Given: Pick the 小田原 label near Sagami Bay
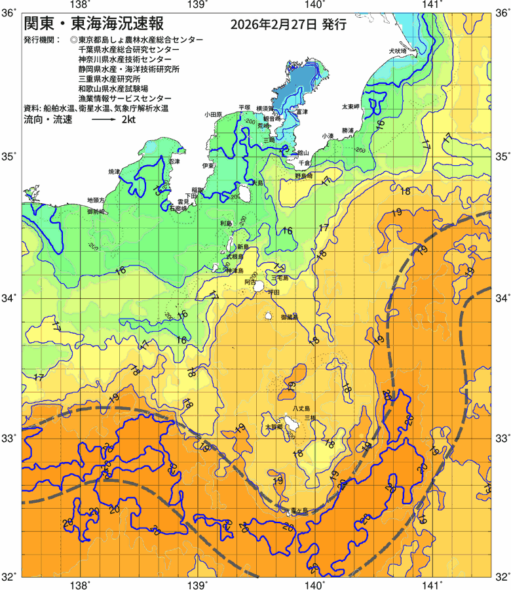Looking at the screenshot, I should point(214,113).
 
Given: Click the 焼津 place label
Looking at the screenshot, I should point(115,172).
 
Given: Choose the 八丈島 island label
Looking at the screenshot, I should point(301,408).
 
